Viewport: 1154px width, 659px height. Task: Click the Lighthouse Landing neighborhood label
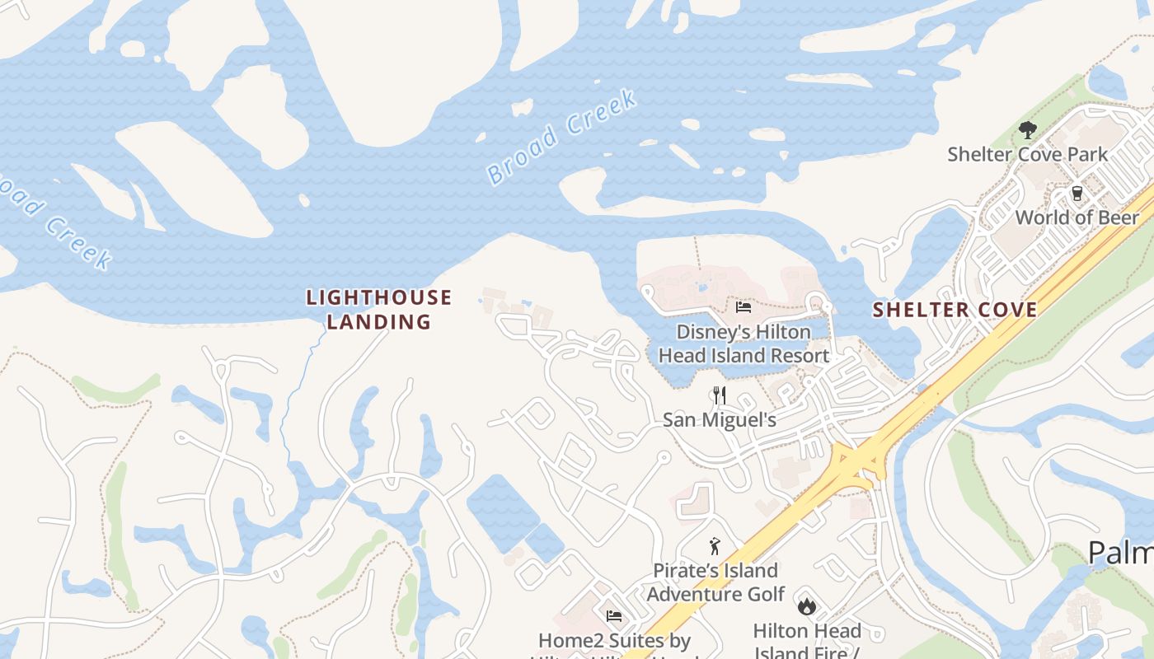[379, 309]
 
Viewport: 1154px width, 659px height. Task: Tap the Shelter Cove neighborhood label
[955, 310]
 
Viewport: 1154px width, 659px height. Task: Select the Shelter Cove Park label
[1027, 154]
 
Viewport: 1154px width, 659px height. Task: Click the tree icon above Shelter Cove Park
[1027, 129]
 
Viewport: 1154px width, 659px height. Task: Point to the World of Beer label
[1077, 217]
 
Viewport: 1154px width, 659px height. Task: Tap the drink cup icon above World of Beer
[1077, 194]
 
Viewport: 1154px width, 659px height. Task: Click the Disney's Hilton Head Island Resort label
[744, 344]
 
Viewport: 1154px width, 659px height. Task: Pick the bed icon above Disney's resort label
[744, 308]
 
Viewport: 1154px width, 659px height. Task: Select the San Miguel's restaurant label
[720, 419]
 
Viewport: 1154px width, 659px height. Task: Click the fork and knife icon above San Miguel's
[720, 395]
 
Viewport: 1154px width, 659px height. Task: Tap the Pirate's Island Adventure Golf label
[715, 582]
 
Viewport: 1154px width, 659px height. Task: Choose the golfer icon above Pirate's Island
[715, 545]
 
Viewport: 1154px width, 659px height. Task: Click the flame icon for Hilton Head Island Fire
[806, 606]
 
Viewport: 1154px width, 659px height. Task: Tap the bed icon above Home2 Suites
[614, 616]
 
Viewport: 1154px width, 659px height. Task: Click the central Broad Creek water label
[562, 136]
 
